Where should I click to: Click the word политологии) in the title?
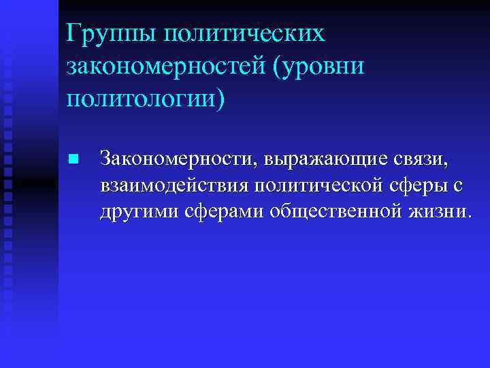[x=145, y=99]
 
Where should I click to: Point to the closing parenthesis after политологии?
[x=218, y=99]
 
